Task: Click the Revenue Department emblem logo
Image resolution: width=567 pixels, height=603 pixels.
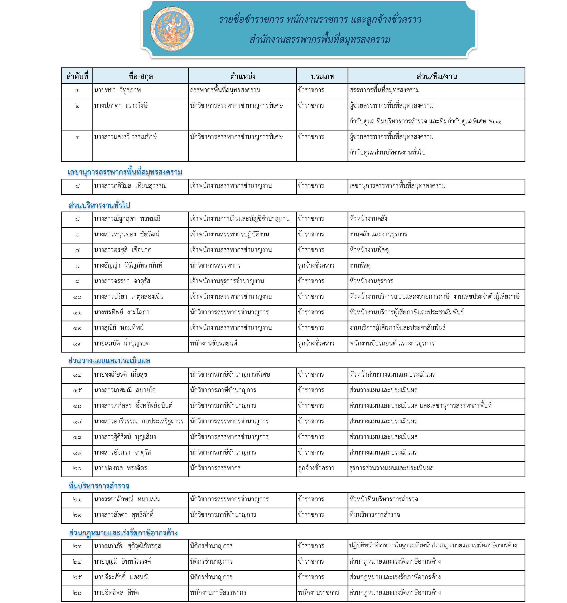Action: tap(172, 29)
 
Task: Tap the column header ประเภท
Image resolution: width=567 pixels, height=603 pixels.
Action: tap(322, 76)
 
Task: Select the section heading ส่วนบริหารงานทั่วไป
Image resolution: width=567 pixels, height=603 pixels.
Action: tap(99, 205)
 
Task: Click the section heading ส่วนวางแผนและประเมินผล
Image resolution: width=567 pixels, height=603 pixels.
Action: tap(109, 360)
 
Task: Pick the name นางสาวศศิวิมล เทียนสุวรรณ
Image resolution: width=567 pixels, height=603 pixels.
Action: tap(130, 186)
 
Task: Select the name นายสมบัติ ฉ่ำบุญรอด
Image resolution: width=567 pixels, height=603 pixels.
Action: tap(122, 344)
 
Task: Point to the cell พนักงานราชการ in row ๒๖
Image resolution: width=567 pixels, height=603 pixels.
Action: tap(318, 592)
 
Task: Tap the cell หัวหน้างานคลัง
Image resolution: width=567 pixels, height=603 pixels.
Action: tap(368, 219)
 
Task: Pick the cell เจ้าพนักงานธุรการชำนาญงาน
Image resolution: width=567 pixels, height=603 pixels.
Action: tap(227, 281)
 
